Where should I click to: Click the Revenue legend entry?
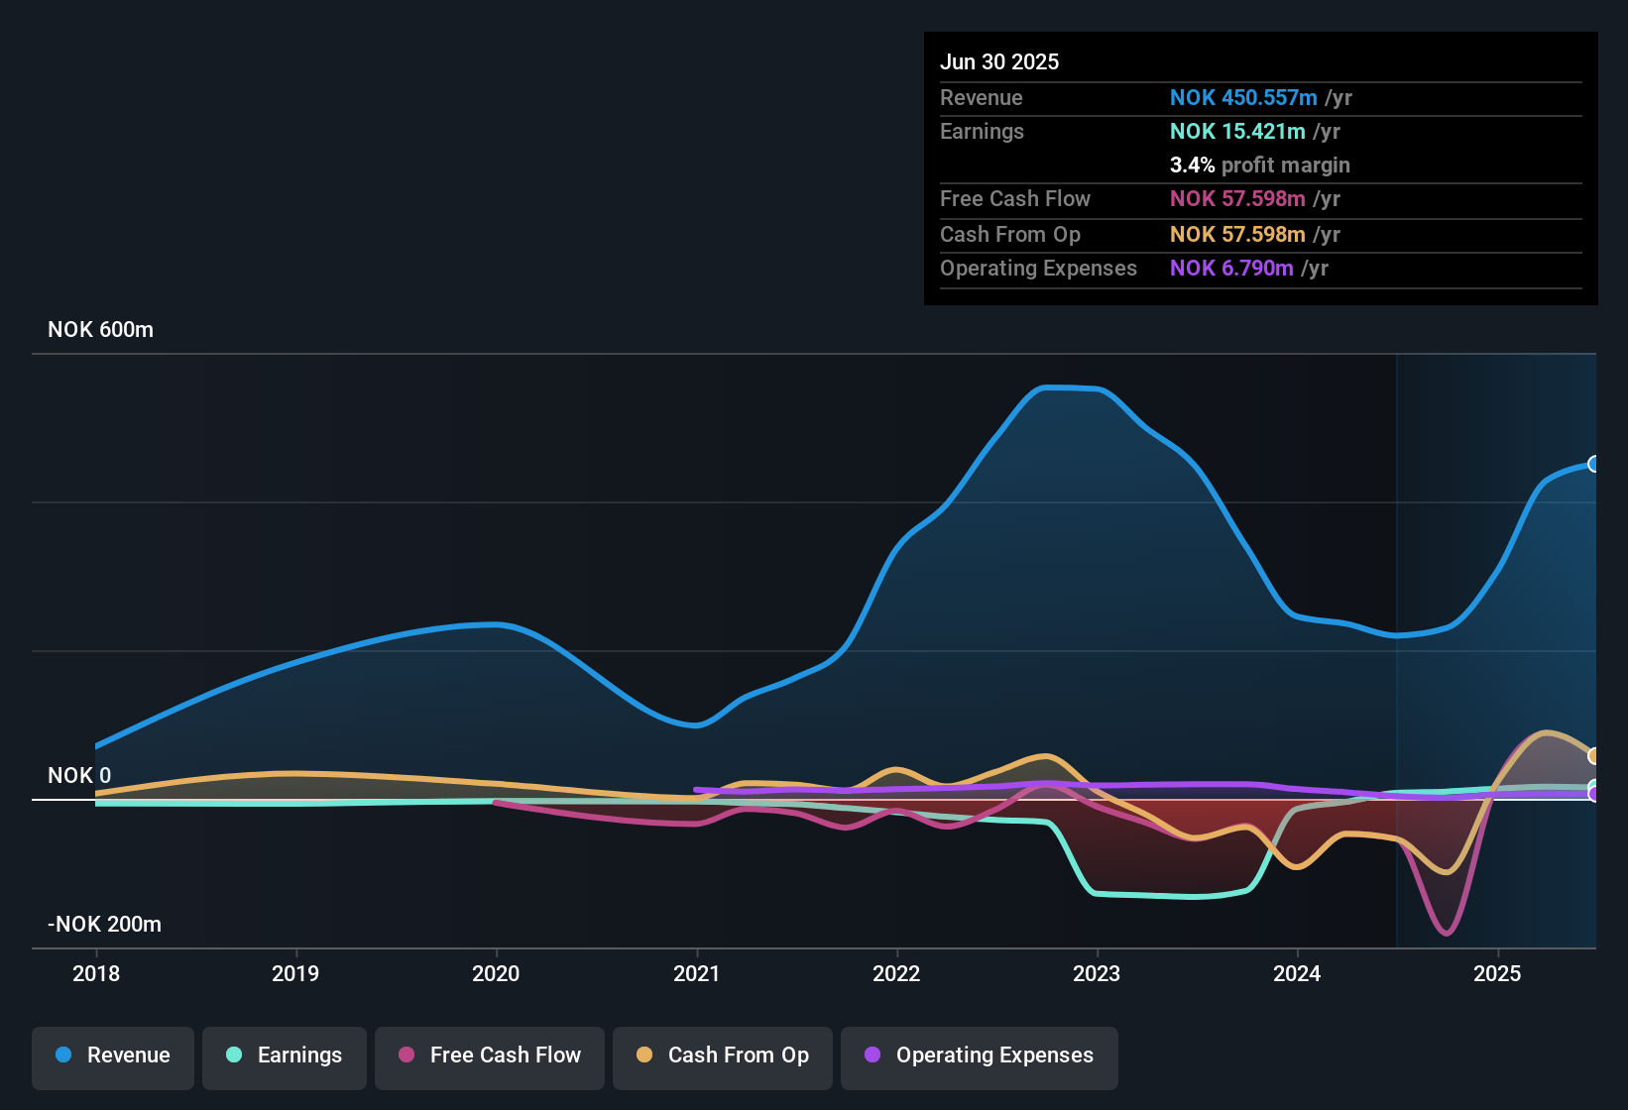click(113, 1055)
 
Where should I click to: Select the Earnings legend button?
click(285, 1055)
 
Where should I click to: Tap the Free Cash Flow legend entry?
click(490, 1055)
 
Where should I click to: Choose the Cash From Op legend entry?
click(723, 1055)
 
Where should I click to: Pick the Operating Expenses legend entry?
click(980, 1055)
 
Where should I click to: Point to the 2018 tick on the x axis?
click(96, 973)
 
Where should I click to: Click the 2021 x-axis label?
click(696, 973)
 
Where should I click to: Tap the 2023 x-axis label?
click(1097, 973)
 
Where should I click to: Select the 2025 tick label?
click(1497, 973)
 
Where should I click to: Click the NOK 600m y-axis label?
click(100, 330)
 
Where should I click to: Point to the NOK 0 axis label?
click(79, 775)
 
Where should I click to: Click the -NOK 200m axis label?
click(104, 925)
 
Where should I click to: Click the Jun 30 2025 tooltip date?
click(999, 61)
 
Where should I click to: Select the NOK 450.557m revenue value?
click(1243, 97)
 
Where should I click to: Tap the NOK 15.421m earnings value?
click(1237, 131)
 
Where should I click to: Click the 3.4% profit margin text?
click(1259, 165)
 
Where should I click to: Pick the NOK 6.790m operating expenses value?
click(1231, 268)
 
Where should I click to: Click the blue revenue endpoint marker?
click(1593, 464)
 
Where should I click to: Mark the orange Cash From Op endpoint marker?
click(1593, 756)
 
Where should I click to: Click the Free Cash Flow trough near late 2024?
click(1447, 933)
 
